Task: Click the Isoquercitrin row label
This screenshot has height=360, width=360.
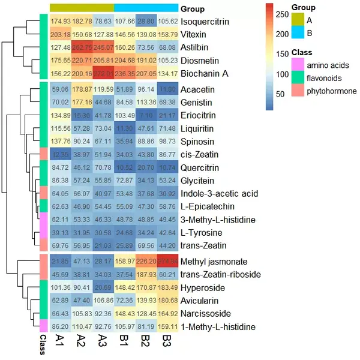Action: pyautogui.click(x=207, y=22)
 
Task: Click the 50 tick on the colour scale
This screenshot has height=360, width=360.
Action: pyautogui.click(x=281, y=94)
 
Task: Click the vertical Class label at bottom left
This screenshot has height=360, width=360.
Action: pyautogui.click(x=43, y=346)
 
